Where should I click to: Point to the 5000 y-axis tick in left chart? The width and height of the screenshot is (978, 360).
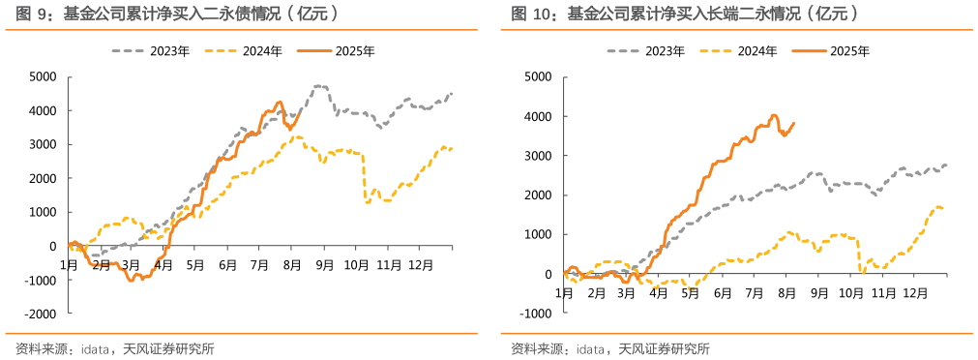44,76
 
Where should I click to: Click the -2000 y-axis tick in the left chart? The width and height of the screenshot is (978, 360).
42,315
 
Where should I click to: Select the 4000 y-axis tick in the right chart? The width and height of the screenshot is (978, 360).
538,116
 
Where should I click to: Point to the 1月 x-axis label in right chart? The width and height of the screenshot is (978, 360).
564,291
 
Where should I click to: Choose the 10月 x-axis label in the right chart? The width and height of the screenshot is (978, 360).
851,291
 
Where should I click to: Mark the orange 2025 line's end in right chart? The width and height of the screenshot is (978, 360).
794,123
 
